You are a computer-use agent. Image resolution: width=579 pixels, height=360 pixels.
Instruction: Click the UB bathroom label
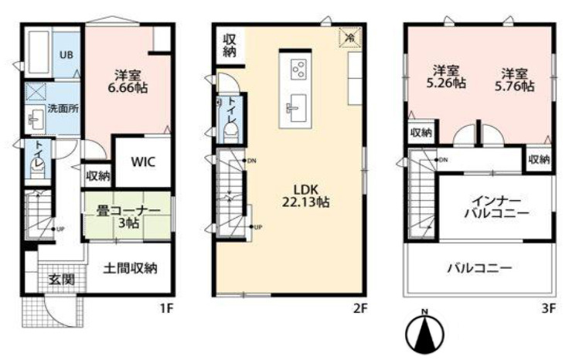pyautogui.click(x=66, y=55)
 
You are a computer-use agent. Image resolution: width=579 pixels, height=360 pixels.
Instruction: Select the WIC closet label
pyautogui.click(x=142, y=162)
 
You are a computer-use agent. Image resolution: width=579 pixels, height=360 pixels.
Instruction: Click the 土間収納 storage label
pyautogui.click(x=131, y=269)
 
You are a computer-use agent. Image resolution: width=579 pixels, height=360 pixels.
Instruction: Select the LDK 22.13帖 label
pyautogui.click(x=299, y=195)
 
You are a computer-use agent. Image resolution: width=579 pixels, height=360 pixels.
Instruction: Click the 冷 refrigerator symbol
pyautogui.click(x=350, y=36)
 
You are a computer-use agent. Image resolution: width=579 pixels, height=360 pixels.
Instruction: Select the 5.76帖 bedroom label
pyautogui.click(x=515, y=80)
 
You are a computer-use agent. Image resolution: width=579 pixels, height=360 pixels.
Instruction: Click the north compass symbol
pyautogui.click(x=424, y=331)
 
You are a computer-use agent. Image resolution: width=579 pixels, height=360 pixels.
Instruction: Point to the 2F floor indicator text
pyautogui.click(x=360, y=307)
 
